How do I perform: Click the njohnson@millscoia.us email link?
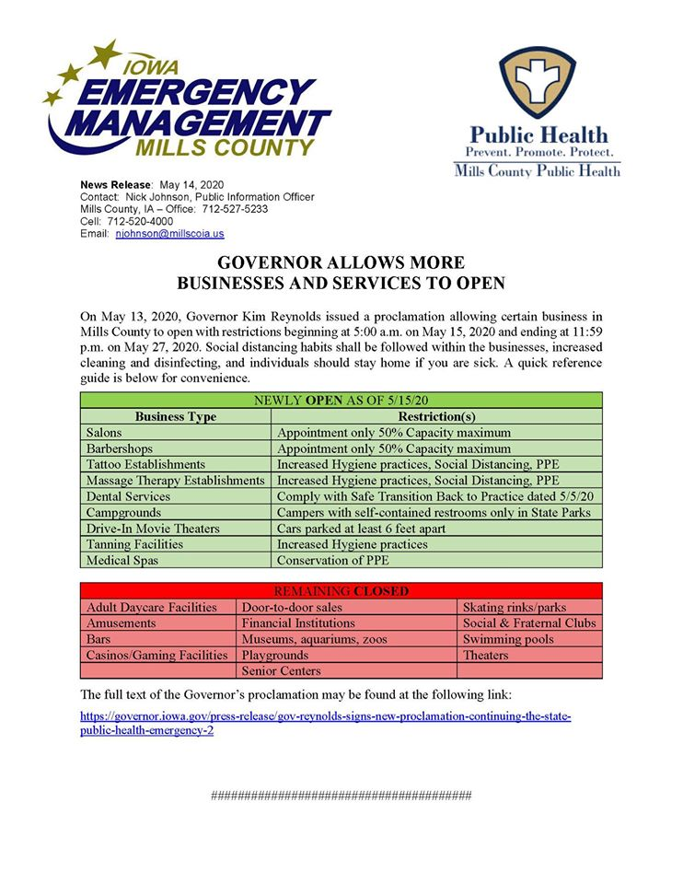coord(169,235)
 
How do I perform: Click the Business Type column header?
coord(176,416)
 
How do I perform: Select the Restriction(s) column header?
coord(436,416)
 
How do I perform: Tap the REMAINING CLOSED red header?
coord(341,590)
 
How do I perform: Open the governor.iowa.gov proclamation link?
coord(326,723)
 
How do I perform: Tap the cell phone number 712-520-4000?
coord(138,222)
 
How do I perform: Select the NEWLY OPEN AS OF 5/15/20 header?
coord(341,401)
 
